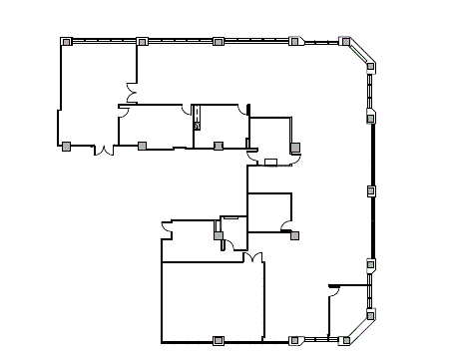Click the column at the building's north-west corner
tap(67, 41)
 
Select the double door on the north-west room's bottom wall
tap(104, 151)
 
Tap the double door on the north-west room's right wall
tap(131, 92)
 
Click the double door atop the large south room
tap(253, 258)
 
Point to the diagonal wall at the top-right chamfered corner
tap(358, 53)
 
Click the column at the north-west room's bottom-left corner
tap(67, 146)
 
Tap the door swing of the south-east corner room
tap(334, 290)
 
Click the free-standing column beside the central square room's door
tap(294, 235)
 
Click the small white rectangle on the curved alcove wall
tap(270, 161)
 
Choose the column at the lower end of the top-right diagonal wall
tap(371, 67)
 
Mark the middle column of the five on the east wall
tap(371, 189)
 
